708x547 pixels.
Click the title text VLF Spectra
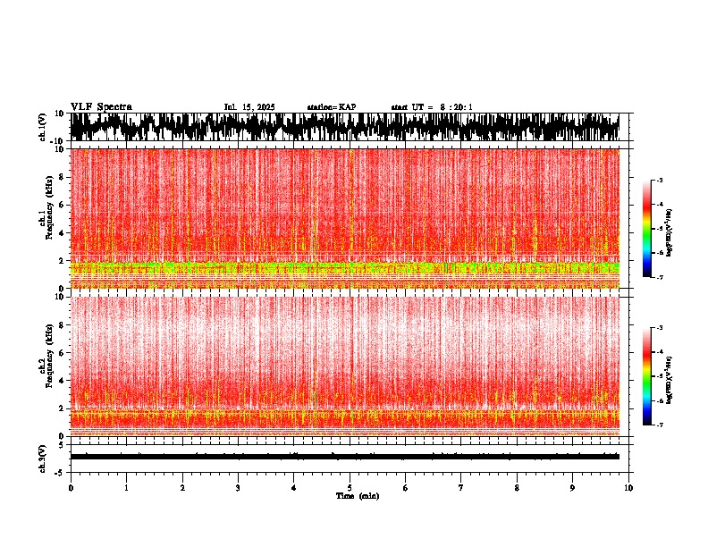tap(101, 107)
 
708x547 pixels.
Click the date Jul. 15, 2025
tap(249, 107)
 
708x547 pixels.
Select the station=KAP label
tap(331, 107)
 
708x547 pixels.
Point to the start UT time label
tap(432, 107)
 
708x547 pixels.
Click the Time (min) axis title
tap(357, 496)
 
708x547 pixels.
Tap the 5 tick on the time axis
tap(350, 488)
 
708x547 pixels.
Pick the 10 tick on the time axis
tap(628, 488)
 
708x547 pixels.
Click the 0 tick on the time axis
tap(71, 488)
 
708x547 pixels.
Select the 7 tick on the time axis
tap(461, 488)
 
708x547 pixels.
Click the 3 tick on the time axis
tap(238, 488)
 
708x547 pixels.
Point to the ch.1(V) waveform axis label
tap(42, 127)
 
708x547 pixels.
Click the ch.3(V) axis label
tap(42, 456)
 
